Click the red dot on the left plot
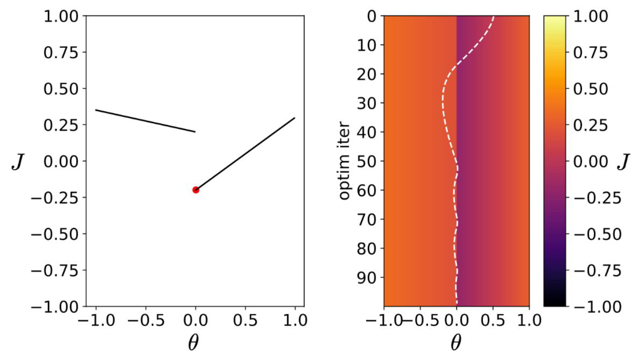(x=195, y=190)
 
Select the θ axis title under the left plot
(x=194, y=344)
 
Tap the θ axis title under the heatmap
(x=456, y=344)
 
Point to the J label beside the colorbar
(x=623, y=162)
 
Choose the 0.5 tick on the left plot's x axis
(x=245, y=321)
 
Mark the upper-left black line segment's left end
(x=96, y=110)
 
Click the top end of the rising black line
(x=295, y=118)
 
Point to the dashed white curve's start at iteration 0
(x=493, y=17)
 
